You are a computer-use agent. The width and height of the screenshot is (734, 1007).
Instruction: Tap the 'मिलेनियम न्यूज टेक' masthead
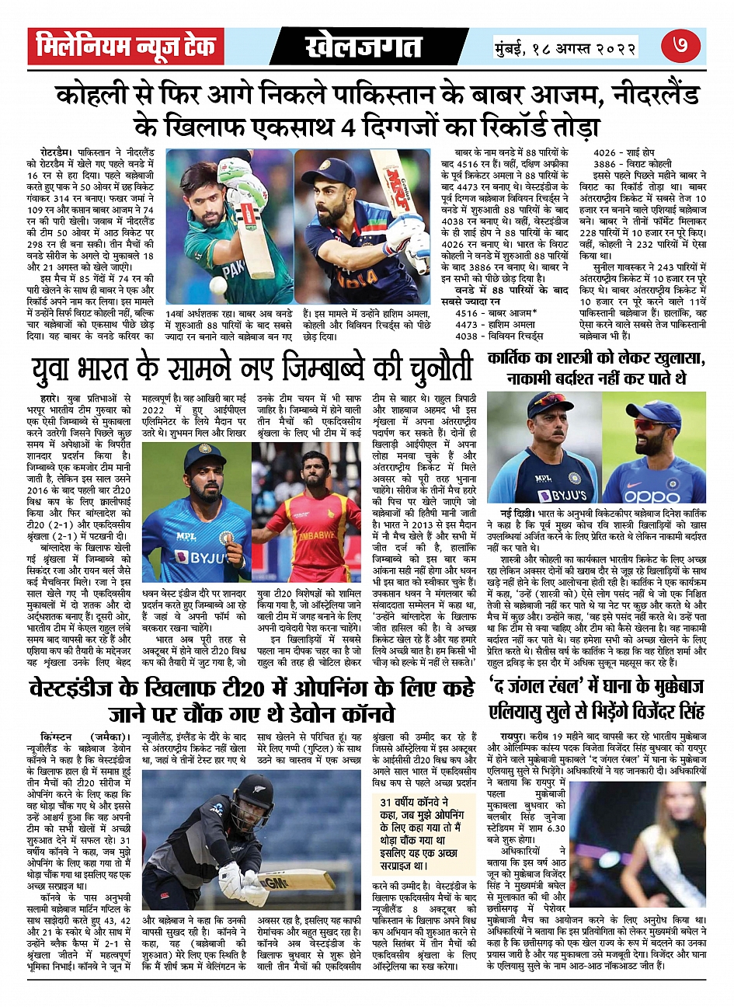126,47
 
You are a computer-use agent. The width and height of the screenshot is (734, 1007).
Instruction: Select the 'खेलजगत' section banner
364,47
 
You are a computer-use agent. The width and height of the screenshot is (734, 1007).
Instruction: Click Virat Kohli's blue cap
329,169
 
